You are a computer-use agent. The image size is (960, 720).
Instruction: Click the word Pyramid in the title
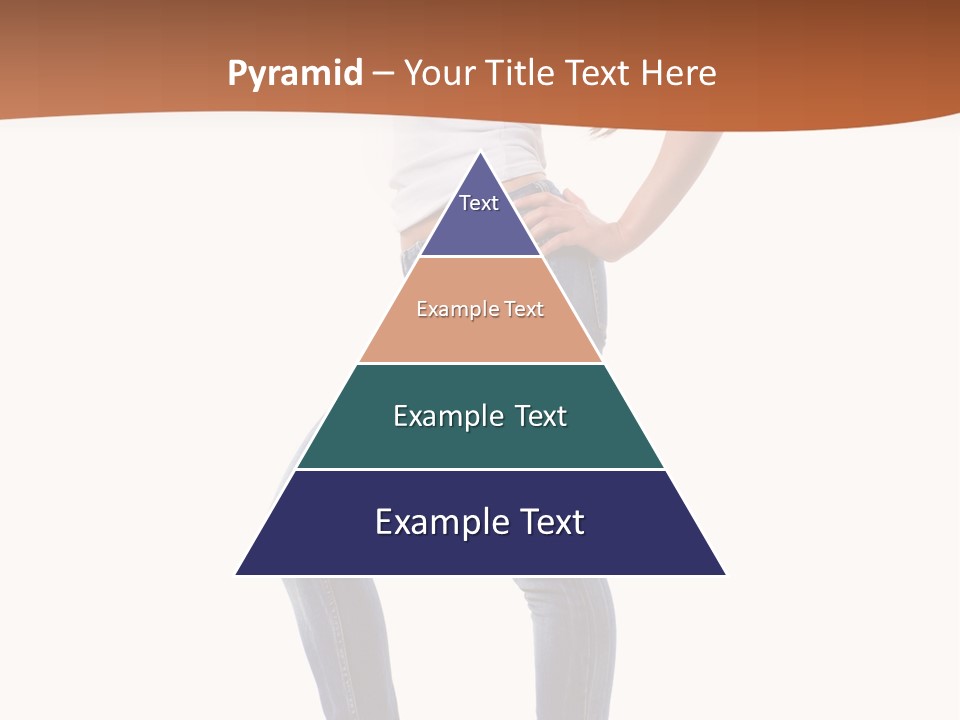click(x=295, y=74)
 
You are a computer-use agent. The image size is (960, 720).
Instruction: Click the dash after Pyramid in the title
click(x=383, y=74)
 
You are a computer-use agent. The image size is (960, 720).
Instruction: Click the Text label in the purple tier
click(x=479, y=203)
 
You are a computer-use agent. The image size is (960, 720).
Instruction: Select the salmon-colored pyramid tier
click(x=480, y=335)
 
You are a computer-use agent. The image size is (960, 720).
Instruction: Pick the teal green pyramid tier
click(x=480, y=440)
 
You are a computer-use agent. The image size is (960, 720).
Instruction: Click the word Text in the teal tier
click(x=540, y=416)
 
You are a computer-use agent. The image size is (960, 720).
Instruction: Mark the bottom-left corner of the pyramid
click(x=237, y=574)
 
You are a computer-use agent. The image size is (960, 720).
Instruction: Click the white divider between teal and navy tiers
click(x=480, y=469)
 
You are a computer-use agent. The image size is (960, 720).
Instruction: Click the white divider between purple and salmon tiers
click(x=480, y=257)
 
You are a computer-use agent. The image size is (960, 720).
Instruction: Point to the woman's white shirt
click(x=420, y=180)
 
